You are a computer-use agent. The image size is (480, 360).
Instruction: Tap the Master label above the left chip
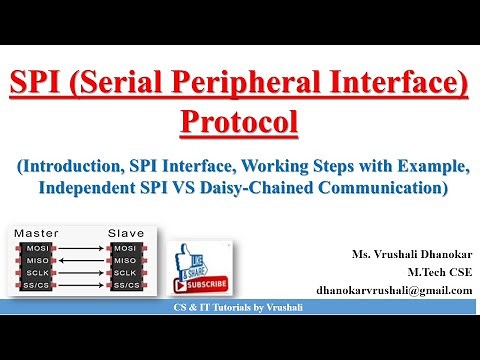pos(37,232)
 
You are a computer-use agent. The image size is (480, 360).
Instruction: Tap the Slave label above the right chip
pos(126,232)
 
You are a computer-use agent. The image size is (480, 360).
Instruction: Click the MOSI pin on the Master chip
pos(37,246)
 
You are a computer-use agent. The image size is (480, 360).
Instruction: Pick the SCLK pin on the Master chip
pos(37,273)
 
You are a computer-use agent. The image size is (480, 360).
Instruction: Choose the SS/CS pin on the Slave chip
pos(126,287)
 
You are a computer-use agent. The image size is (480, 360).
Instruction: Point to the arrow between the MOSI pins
pos(81,246)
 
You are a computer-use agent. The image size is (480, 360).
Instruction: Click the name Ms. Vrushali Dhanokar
pos(407,253)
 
